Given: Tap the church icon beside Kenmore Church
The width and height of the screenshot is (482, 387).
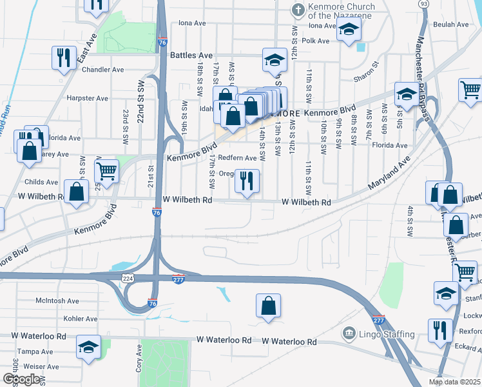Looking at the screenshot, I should coord(298,10).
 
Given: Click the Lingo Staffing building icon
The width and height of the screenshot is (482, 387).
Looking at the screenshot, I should coord(349,333).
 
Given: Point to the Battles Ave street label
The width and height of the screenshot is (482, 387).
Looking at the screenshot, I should coord(191,55).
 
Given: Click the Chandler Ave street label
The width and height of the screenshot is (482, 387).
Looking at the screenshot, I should coord(103,70).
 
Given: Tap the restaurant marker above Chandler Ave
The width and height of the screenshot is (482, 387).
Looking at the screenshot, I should coord(63,57).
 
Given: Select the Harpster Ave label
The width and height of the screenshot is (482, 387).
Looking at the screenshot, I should coord(88,99).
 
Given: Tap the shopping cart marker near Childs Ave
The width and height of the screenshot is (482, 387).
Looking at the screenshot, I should coord(106,171).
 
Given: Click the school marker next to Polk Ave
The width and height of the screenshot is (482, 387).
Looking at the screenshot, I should coord(349,29).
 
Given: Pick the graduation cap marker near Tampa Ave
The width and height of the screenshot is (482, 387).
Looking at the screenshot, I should coord(88,346).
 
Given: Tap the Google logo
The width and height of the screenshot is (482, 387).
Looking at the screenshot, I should coord(21,379).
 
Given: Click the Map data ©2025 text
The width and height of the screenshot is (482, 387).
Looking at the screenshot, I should coord(454,382).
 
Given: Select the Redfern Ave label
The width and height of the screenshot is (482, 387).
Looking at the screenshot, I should coord(237,158).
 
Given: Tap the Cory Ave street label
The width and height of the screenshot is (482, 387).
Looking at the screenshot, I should coord(139,357).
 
